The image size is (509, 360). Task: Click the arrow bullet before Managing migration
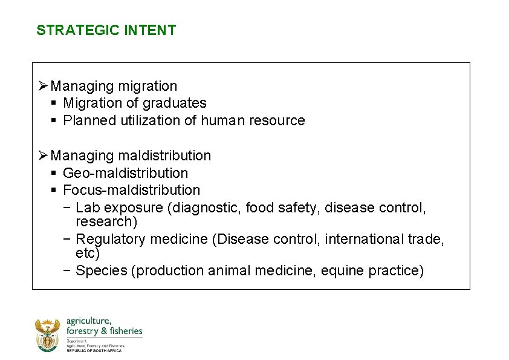coord(43,87)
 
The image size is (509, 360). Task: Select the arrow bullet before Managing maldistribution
coord(43,156)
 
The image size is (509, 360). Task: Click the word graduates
coord(175,103)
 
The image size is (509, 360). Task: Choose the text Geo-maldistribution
coord(126,173)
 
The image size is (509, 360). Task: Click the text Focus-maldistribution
coord(131,191)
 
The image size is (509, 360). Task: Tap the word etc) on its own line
coord(88,253)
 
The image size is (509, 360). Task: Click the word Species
coord(100,270)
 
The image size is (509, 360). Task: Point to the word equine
coord(340,270)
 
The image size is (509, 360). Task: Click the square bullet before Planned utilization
coord(54,120)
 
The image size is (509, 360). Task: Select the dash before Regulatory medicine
coord(66,240)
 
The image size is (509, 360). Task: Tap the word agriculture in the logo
coord(88,321)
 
